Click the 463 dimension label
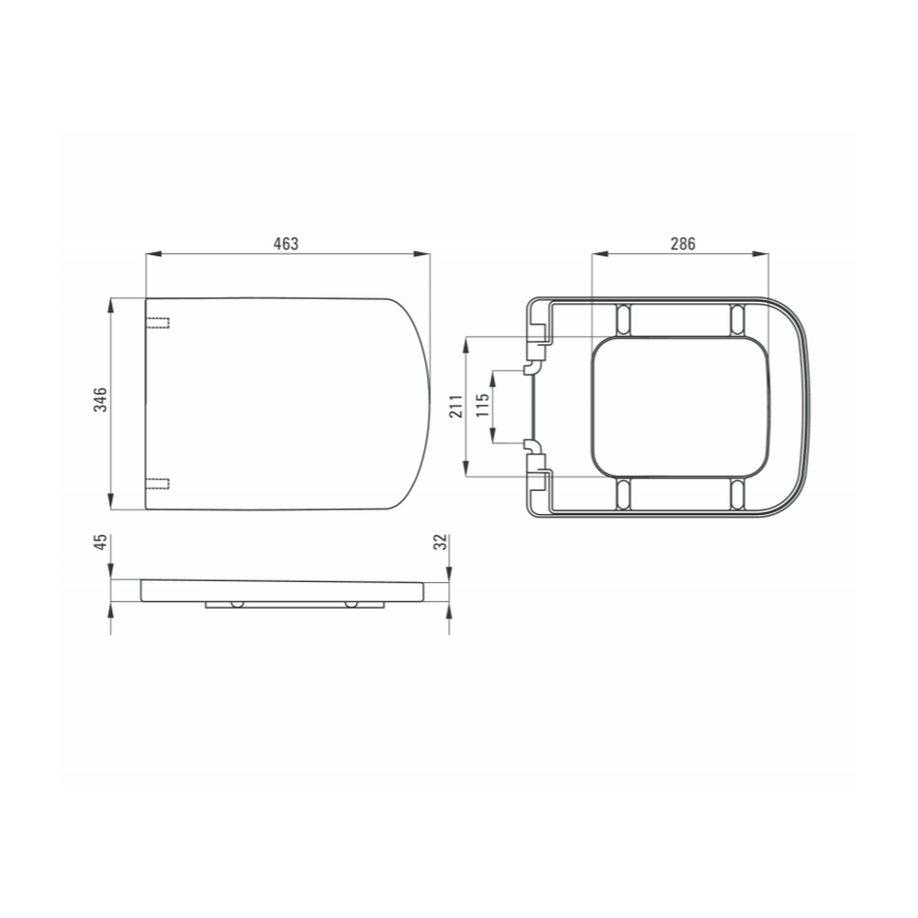click(285, 243)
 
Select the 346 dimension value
click(101, 399)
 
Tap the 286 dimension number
click(683, 243)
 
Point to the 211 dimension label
click(456, 406)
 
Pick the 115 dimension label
click(483, 405)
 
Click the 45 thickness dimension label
click(101, 542)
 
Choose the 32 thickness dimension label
click(441, 542)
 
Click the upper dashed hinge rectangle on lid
click(157, 322)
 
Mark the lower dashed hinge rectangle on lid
click(157, 484)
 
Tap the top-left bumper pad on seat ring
click(624, 319)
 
